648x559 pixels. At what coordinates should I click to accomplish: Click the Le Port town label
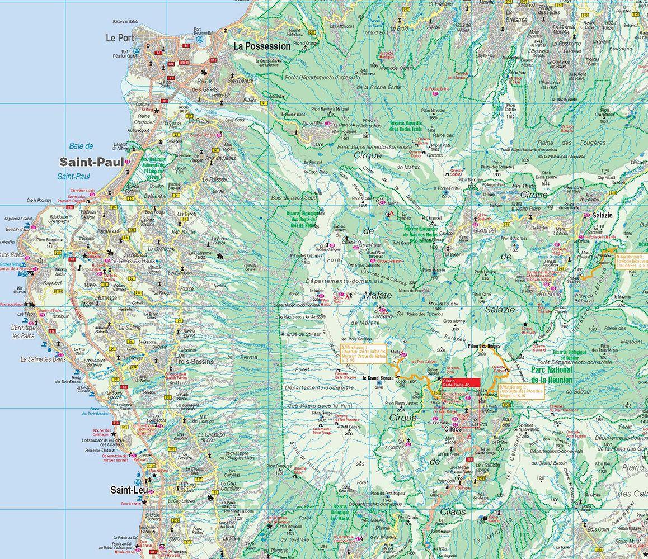pos(119,38)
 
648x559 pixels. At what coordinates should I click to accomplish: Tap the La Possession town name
pos(262,46)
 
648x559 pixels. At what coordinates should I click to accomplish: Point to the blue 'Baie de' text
pos(82,146)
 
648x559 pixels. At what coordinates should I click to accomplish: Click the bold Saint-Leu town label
pos(129,490)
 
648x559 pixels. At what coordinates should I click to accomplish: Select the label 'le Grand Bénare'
pos(379,378)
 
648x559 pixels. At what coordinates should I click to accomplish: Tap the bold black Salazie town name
pos(603,215)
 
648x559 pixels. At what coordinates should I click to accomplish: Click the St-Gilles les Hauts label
pos(129,260)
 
